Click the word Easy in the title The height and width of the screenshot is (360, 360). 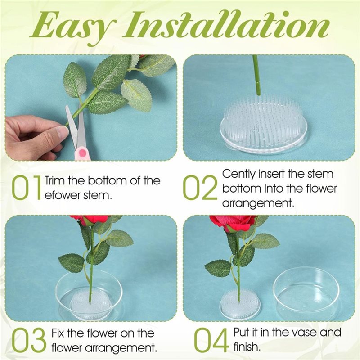tap(73, 27)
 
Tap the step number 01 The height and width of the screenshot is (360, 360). tap(26, 188)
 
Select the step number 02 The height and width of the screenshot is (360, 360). tap(200, 188)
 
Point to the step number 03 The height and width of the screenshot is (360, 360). tap(29, 340)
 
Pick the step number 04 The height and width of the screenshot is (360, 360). tap(211, 340)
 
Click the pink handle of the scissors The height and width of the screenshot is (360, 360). tap(82, 153)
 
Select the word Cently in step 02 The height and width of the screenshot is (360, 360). tap(238, 174)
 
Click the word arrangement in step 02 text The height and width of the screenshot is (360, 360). tap(258, 204)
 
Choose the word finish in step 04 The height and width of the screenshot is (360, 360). tap(247, 346)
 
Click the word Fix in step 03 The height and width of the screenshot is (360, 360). tap(58, 333)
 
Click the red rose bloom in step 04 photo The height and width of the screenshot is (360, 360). tap(233, 223)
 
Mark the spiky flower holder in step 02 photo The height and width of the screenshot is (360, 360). tap(264, 126)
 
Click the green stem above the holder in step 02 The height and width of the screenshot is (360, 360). tap(257, 75)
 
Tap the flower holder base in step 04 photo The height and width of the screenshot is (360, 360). tap(240, 305)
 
